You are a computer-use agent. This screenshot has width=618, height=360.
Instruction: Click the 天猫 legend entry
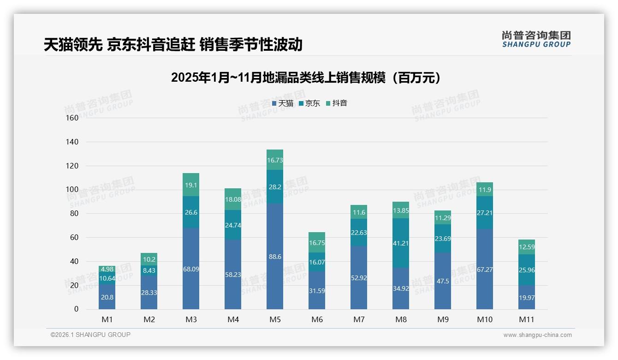283,103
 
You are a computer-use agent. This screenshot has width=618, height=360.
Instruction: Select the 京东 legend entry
309,103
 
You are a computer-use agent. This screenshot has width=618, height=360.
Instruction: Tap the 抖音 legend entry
337,103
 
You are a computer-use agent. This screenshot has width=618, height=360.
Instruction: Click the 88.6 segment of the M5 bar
275,256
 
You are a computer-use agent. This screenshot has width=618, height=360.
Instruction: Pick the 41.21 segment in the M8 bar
401,243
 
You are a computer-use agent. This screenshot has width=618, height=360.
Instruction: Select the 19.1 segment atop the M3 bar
191,185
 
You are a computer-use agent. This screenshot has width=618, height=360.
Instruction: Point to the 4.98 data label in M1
107,269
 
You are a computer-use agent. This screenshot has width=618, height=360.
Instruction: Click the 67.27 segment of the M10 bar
485,269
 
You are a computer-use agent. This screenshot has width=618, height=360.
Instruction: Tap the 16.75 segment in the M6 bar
317,242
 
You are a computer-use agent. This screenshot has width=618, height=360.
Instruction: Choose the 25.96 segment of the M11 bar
527,270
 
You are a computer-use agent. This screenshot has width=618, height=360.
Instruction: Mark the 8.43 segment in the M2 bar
149,270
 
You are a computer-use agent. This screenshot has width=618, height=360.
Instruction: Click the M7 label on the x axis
359,319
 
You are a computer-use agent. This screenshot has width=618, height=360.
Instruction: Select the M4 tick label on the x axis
233,319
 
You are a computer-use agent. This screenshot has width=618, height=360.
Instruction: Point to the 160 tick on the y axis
72,118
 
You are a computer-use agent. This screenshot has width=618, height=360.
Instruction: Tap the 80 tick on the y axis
74,214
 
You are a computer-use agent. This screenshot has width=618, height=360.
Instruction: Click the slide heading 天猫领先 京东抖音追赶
173,45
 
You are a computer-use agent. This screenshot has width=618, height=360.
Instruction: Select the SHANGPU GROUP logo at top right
536,39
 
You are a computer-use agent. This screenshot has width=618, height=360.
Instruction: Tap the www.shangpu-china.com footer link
537,335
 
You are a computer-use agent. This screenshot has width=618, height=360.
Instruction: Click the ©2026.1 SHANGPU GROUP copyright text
90,335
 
